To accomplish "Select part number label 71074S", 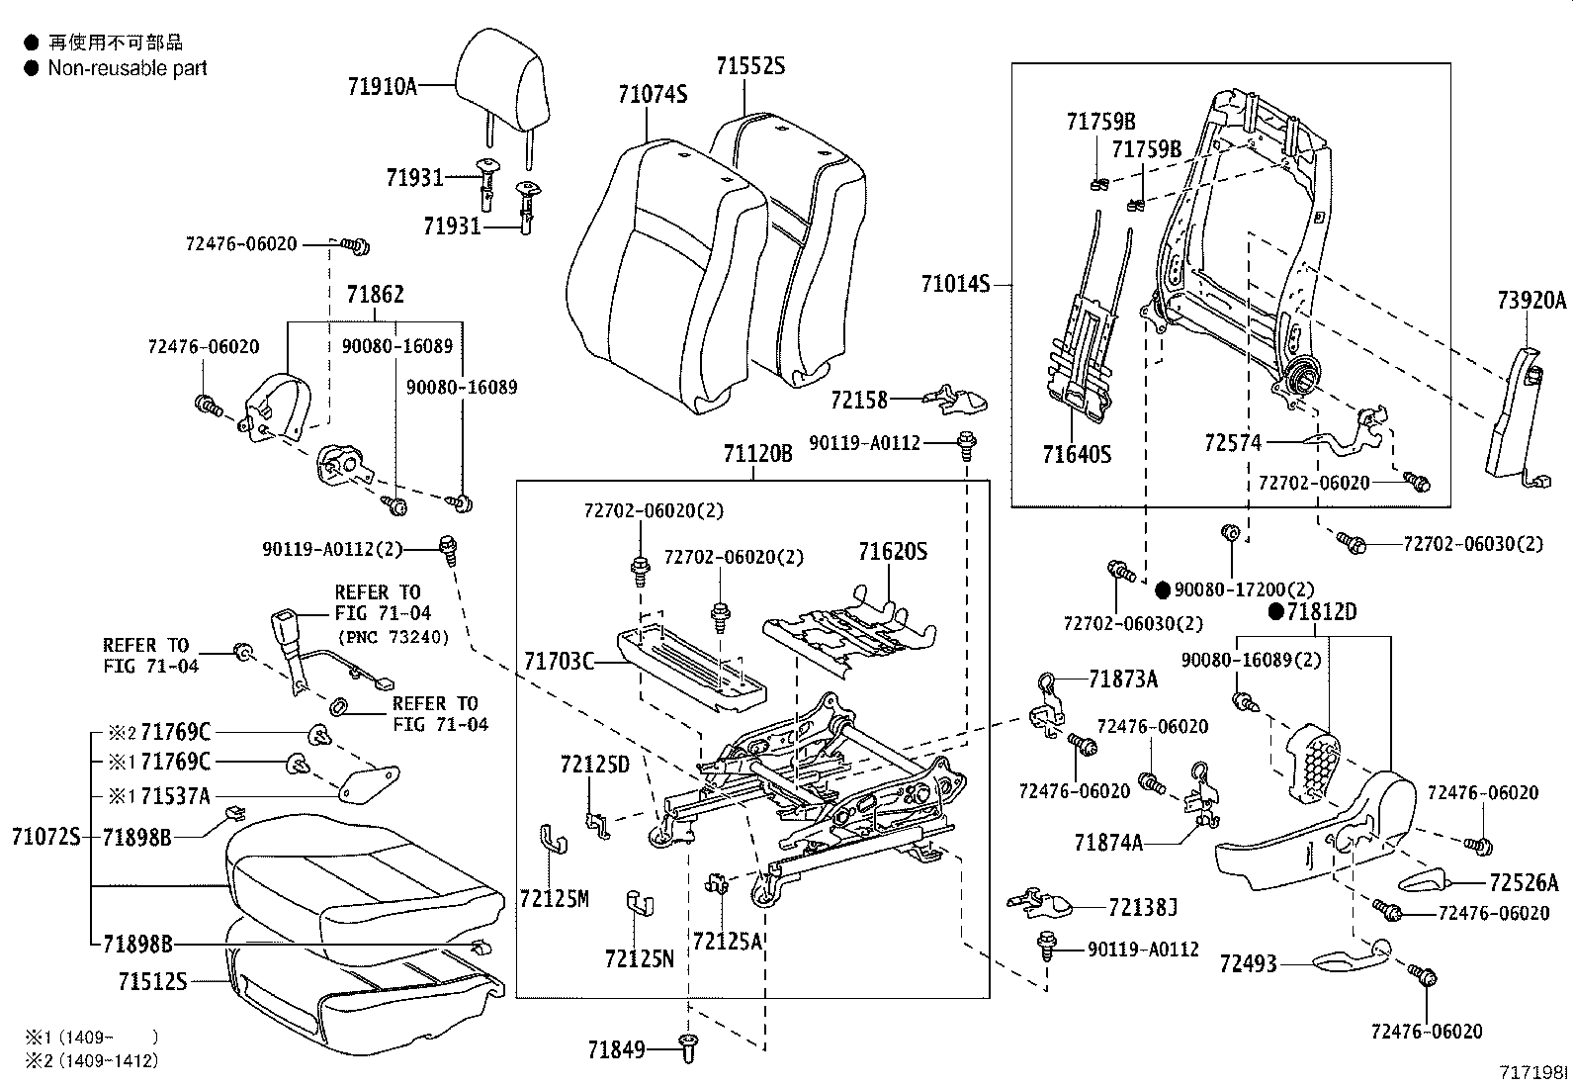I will click(652, 94).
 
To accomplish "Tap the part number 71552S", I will click(750, 66).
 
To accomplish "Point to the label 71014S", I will click(955, 284).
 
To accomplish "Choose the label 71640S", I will click(1077, 454).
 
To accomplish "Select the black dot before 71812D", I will click(1276, 612).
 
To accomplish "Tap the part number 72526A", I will click(1524, 882).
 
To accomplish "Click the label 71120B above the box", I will click(757, 453).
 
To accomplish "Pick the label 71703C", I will click(560, 661).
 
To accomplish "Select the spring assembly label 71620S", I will click(893, 551).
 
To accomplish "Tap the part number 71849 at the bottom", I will click(616, 1049).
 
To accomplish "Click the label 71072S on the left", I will click(45, 837).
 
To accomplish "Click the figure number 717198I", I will click(1534, 1071).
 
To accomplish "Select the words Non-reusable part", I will click(128, 68).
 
